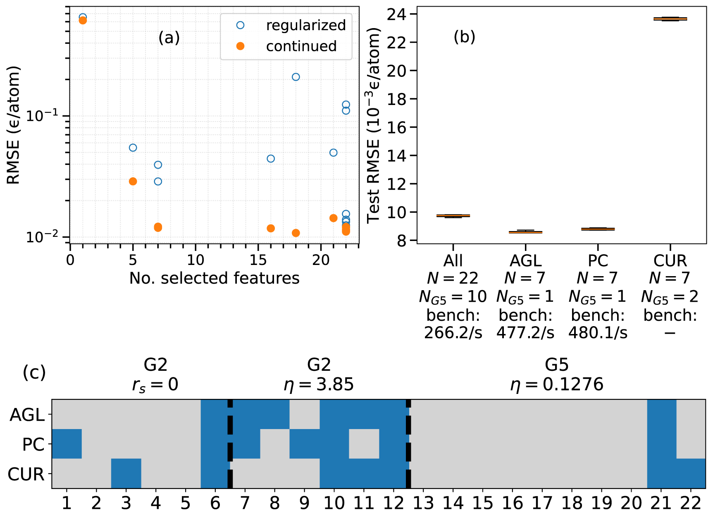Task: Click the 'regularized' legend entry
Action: pyautogui.click(x=305, y=26)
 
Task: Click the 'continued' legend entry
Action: pyautogui.click(x=301, y=46)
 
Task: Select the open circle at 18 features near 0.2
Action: pyautogui.click(x=296, y=77)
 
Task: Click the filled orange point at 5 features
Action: pyautogui.click(x=133, y=181)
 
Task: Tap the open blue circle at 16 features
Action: pyautogui.click(x=271, y=159)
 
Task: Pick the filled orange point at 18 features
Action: pyautogui.click(x=296, y=233)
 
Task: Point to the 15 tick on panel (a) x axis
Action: pyautogui.click(x=258, y=260)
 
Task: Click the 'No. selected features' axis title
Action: pyautogui.click(x=214, y=278)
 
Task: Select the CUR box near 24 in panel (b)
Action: pyautogui.click(x=670, y=19)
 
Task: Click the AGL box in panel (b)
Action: pyautogui.click(x=525, y=232)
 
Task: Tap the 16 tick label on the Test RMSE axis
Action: pyautogui.click(x=397, y=128)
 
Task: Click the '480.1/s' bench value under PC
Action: pyautogui.click(x=598, y=333)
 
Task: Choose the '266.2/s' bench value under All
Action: pyautogui.click(x=453, y=333)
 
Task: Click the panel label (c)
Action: pyautogui.click(x=34, y=372)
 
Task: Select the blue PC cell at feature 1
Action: pyautogui.click(x=67, y=444)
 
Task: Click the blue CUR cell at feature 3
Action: pyautogui.click(x=126, y=473)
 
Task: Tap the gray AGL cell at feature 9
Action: pyautogui.click(x=304, y=414)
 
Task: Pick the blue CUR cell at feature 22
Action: pyautogui.click(x=691, y=473)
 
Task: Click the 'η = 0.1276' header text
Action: pyautogui.click(x=557, y=385)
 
